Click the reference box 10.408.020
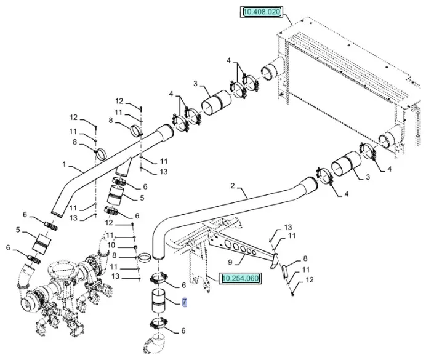[262, 12]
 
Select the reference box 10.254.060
[241, 278]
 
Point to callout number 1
[64, 164]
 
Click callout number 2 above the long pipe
[233, 185]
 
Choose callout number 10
[111, 246]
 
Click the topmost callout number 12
[119, 102]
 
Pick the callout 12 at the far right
[310, 279]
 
